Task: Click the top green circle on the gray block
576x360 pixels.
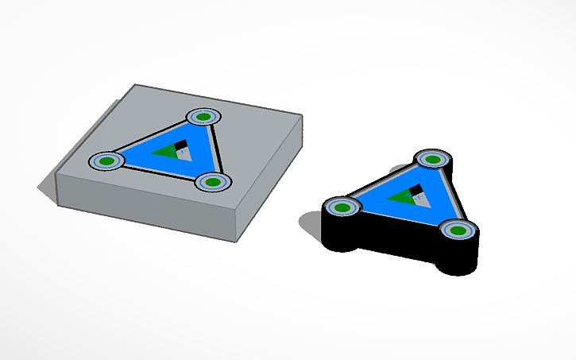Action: (203, 118)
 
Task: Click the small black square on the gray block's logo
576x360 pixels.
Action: (181, 145)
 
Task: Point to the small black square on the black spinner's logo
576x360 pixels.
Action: (416, 190)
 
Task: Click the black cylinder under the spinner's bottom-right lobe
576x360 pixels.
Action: (459, 258)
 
